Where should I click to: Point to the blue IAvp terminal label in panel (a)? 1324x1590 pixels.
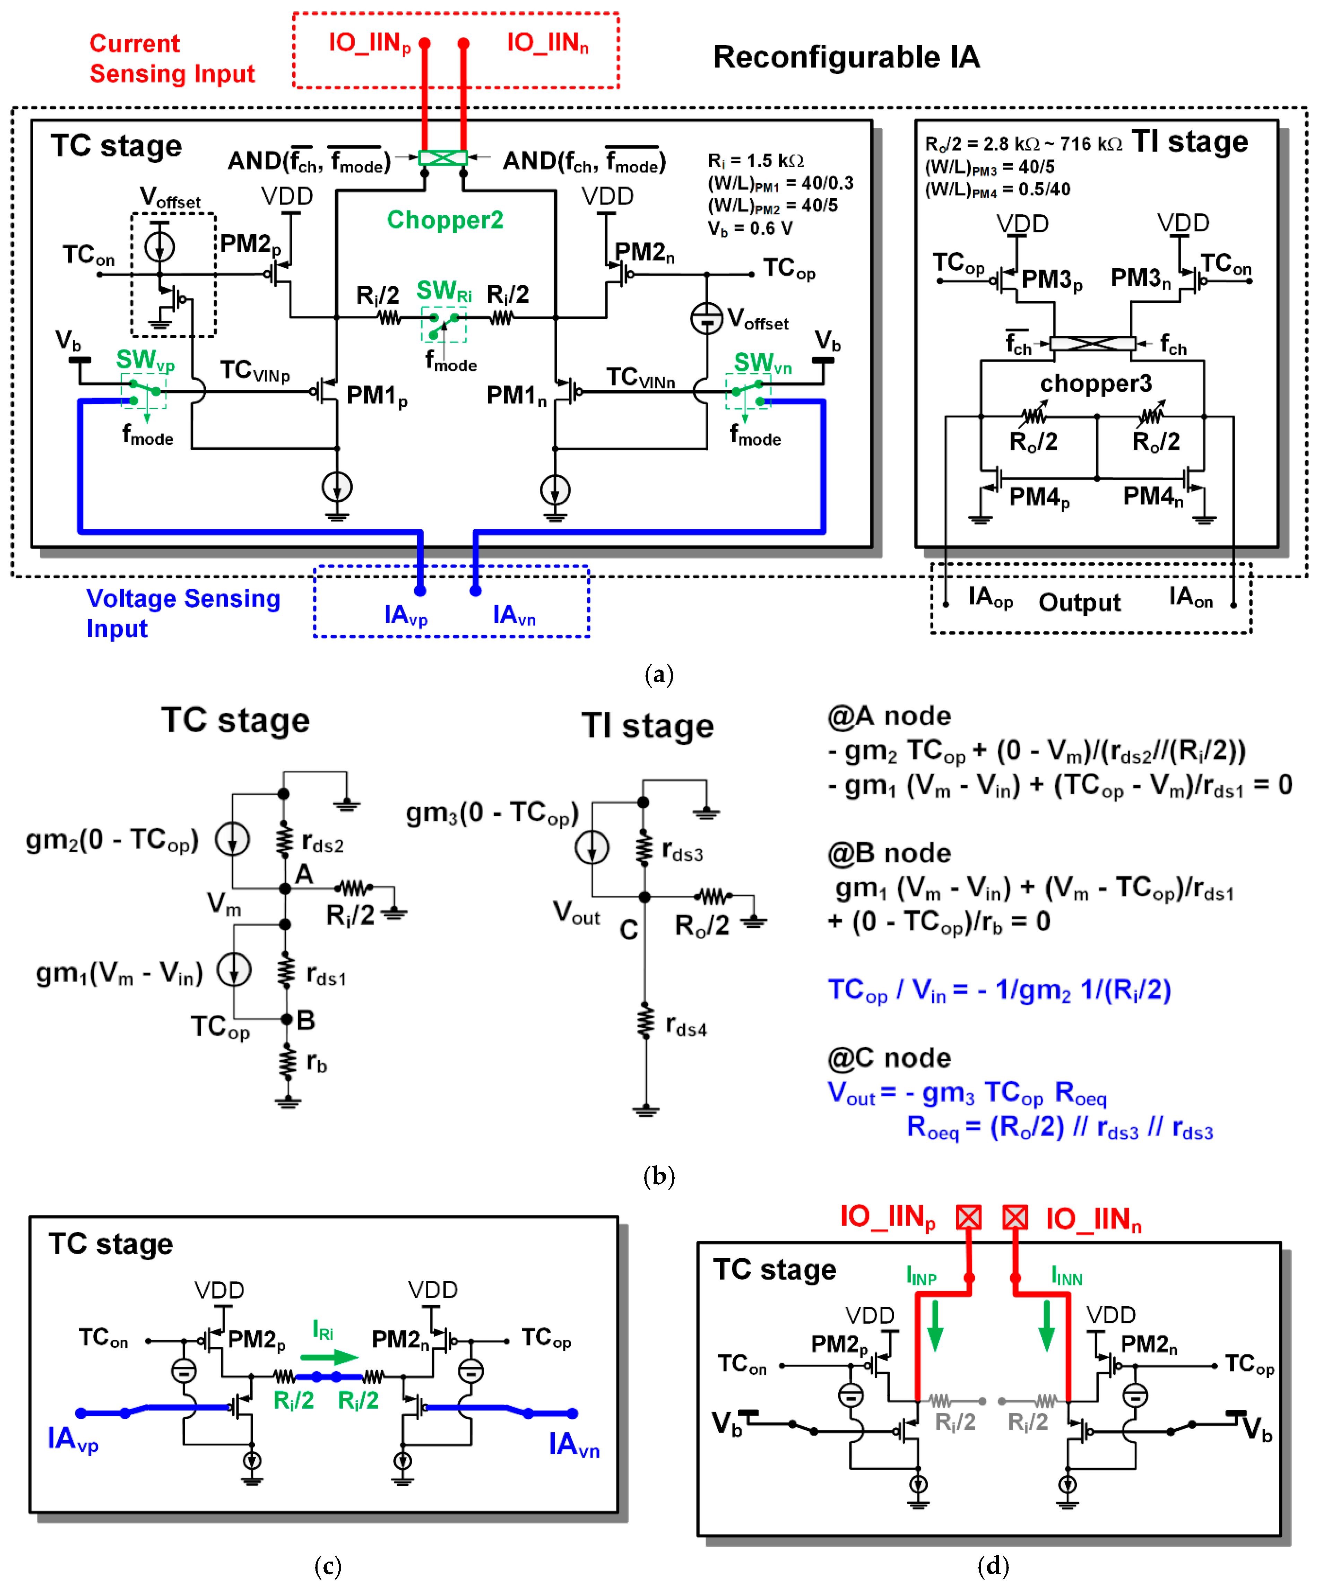point(406,615)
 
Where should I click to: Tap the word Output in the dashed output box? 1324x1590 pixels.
point(1079,603)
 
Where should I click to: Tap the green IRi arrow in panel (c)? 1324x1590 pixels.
point(329,1357)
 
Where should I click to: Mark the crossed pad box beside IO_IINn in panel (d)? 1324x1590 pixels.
point(1015,1217)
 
